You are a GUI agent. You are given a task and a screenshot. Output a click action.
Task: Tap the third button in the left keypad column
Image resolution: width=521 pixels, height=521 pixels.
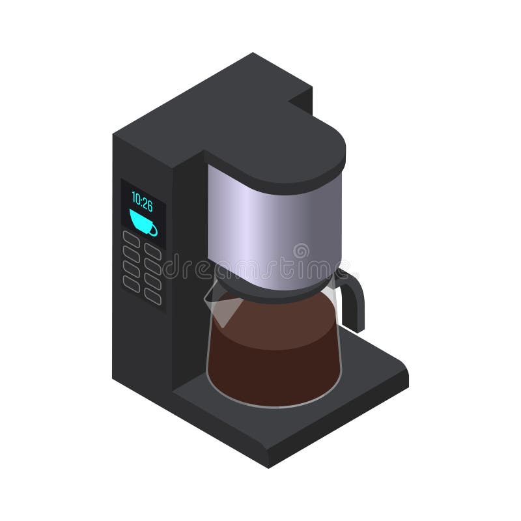tap(132, 268)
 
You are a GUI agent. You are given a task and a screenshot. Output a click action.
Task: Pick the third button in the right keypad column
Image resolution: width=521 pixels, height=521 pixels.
tap(153, 281)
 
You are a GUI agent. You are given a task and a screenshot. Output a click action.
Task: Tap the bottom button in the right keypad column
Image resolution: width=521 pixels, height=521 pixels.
tap(153, 296)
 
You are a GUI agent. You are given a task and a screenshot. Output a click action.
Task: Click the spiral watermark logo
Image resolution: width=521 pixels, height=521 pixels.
tap(301, 251)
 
